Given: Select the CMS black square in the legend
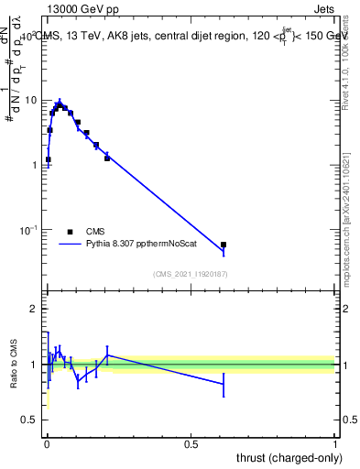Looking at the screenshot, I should tap(70, 232).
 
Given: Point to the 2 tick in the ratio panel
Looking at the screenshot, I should tap(36, 310).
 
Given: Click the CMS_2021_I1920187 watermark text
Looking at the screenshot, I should tap(191, 273).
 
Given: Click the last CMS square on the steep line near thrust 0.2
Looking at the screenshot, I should tap(107, 158).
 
